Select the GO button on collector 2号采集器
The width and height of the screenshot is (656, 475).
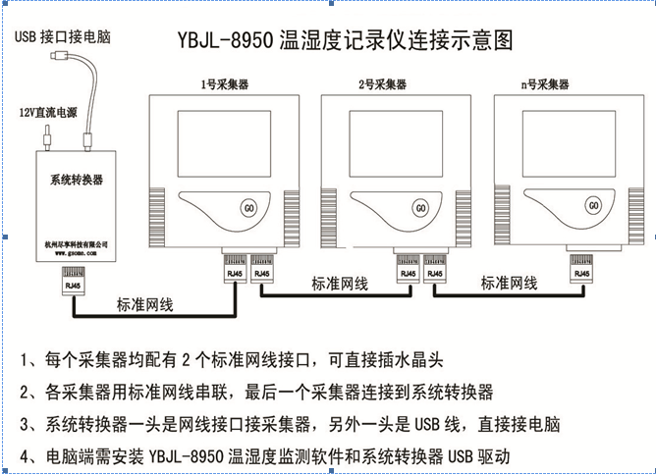421,207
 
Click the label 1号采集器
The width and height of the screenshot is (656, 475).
222,85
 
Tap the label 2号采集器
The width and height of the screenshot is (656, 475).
383,85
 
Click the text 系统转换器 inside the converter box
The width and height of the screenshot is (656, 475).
77,181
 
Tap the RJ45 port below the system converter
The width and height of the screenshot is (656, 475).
74,279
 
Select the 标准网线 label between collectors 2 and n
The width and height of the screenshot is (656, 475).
509,283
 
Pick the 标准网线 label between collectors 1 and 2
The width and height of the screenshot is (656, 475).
340,283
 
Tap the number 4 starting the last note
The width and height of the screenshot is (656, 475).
25,456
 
